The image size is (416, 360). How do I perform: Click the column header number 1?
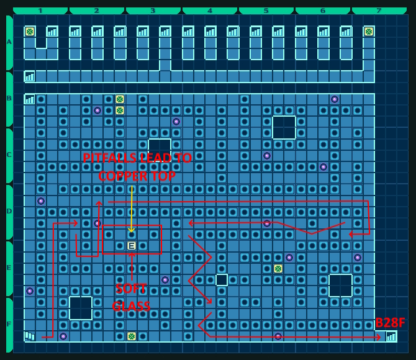tap(40, 11)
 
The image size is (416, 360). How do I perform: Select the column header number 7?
tap(379, 11)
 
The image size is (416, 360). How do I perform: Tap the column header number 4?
tap(210, 11)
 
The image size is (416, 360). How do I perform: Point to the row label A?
tap(9, 42)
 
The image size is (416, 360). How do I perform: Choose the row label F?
tap(9, 324)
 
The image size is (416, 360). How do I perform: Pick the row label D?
tap(9, 212)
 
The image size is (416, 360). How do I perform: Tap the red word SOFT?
tap(131, 289)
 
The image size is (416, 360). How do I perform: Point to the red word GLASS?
tap(131, 307)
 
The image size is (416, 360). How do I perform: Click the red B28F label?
tap(390, 323)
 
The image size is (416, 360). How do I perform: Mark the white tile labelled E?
tap(132, 246)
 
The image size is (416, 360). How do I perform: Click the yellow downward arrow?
tap(132, 211)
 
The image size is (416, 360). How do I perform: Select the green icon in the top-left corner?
tap(30, 32)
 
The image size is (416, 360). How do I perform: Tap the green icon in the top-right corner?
tap(369, 32)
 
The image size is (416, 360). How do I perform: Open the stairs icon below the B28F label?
tap(391, 336)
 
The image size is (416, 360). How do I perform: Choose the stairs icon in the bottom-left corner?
tap(30, 336)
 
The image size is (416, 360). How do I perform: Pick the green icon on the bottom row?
tap(132, 336)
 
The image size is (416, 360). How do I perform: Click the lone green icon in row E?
tap(278, 269)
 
